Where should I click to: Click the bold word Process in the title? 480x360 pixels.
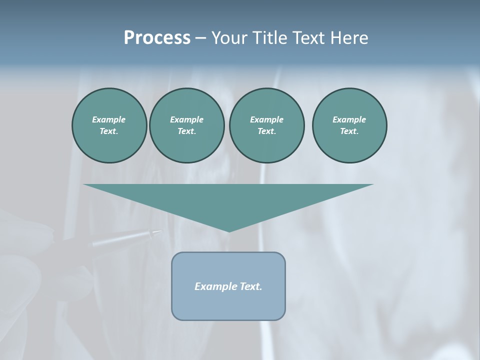coord(157,38)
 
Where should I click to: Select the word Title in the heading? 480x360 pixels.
coord(270,38)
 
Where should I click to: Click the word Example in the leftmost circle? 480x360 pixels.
coord(109,119)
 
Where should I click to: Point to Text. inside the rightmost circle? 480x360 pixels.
coord(349,131)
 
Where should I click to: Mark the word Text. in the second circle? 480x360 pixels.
coord(186,131)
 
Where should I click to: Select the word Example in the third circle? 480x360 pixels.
coord(266,119)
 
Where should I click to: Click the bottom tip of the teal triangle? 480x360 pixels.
coord(228,231)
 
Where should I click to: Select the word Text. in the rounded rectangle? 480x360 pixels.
coord(250,286)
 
